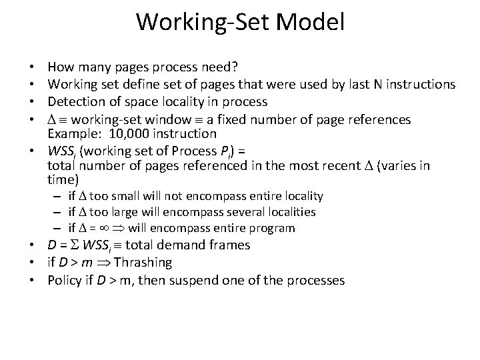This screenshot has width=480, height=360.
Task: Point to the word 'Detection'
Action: (x=74, y=102)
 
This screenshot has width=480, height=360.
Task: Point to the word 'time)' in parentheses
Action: (x=63, y=180)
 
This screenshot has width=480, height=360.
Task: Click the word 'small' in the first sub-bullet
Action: (x=125, y=196)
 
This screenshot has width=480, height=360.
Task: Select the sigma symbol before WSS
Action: (x=74, y=245)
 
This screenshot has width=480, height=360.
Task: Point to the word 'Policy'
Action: (x=64, y=280)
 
